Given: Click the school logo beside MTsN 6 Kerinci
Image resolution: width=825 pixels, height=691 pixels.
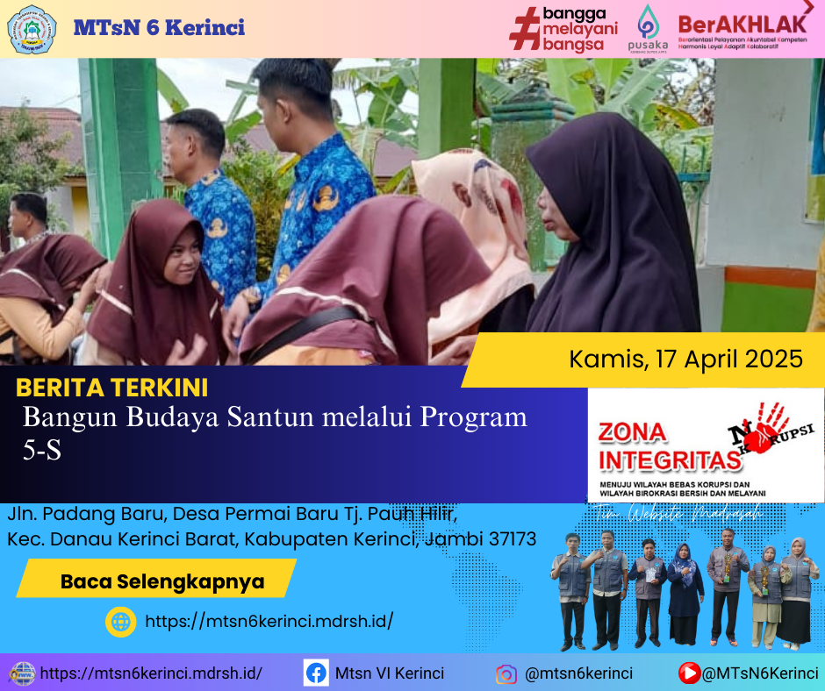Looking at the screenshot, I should point(32,29).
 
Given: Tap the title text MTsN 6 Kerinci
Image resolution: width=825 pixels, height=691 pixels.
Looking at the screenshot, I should point(159,28).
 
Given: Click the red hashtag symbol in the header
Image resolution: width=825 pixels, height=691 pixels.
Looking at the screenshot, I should point(524,28).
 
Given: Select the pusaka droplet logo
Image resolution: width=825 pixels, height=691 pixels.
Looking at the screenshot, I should point(648,22).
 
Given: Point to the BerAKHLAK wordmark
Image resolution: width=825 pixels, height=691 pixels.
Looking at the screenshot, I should point(742,22).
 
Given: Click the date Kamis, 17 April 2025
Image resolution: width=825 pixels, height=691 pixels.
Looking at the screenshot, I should point(685,359).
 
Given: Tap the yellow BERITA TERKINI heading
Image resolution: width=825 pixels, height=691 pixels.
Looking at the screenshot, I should point(112,388).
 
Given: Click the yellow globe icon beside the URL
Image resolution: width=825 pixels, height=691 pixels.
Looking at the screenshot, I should point(120,622).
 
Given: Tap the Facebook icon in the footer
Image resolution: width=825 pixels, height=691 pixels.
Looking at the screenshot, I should point(316,673).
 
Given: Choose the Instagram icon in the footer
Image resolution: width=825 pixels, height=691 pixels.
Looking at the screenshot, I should point(506,674).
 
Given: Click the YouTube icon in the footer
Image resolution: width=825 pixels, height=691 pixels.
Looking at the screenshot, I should point(689,673).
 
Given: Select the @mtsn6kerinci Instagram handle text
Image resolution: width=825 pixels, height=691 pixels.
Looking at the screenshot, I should point(577,674).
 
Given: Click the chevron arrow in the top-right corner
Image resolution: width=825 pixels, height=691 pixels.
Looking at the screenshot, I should point(808,7).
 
